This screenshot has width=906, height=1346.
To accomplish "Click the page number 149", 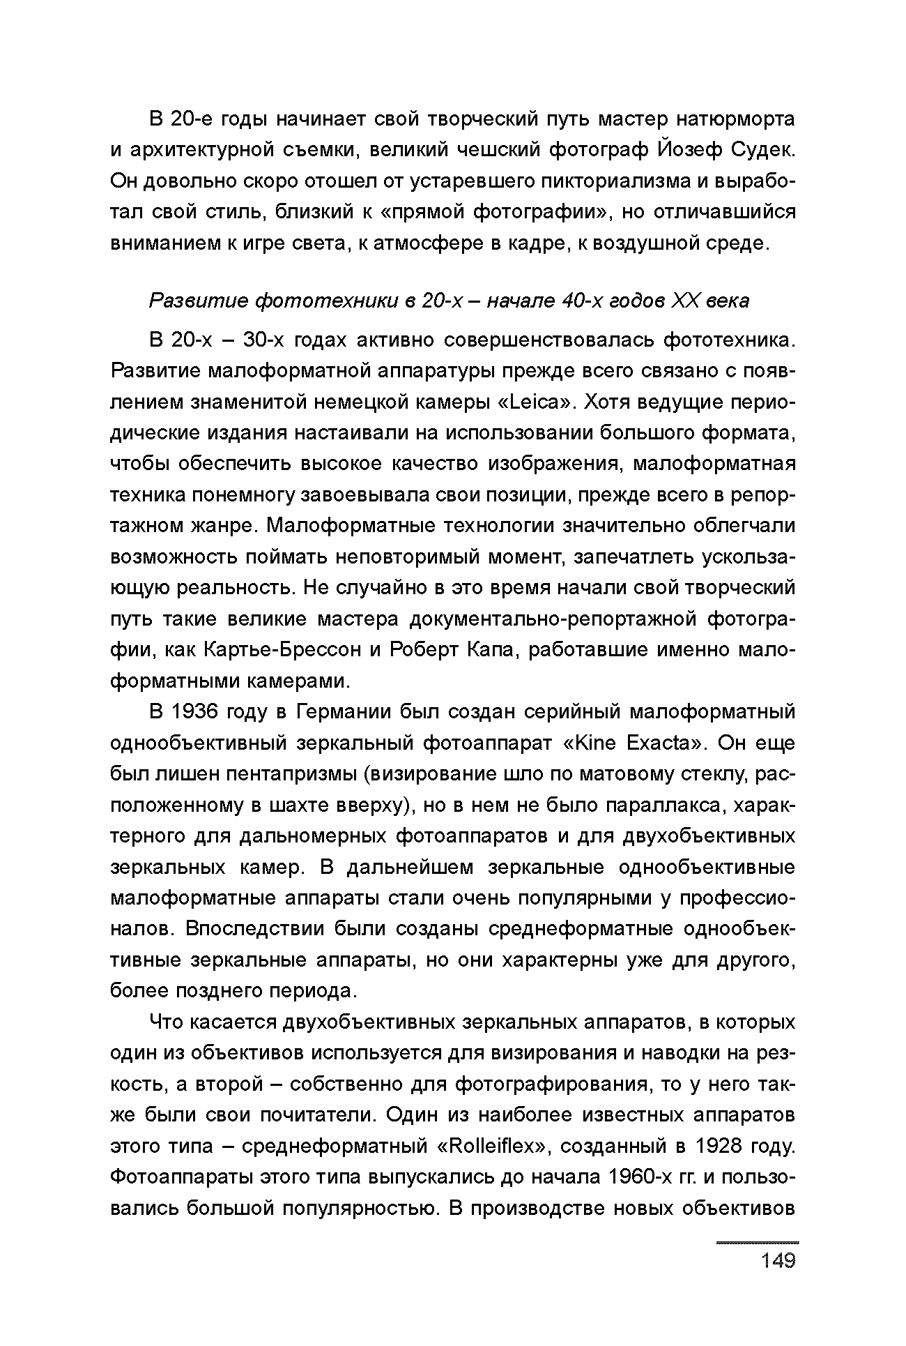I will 778,1261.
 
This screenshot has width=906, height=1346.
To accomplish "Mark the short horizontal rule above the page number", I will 758,1243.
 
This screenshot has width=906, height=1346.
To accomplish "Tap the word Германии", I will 341,712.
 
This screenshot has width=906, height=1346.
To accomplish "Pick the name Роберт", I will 420,649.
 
